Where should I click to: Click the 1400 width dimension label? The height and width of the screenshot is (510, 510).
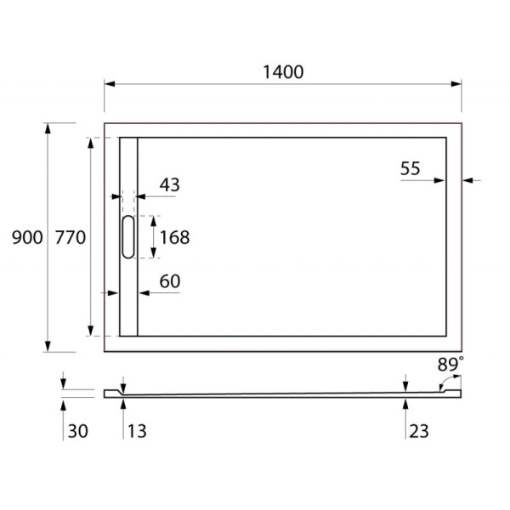(283, 72)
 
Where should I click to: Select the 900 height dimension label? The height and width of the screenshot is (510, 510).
(27, 239)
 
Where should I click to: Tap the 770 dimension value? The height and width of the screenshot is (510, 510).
(70, 239)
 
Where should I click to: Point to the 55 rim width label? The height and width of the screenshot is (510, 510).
(411, 168)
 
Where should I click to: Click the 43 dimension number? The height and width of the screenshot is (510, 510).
(169, 184)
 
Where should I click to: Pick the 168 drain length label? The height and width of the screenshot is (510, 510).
(173, 238)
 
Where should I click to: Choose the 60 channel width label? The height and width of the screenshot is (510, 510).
(169, 281)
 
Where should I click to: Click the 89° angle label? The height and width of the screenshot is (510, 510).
(450, 365)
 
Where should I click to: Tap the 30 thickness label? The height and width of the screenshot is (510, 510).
(76, 432)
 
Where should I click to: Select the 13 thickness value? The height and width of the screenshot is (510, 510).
(136, 432)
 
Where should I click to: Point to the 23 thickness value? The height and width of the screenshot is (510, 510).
(418, 432)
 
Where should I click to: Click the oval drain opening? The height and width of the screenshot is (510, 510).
(127, 236)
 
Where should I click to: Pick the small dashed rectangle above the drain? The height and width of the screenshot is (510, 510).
(127, 203)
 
